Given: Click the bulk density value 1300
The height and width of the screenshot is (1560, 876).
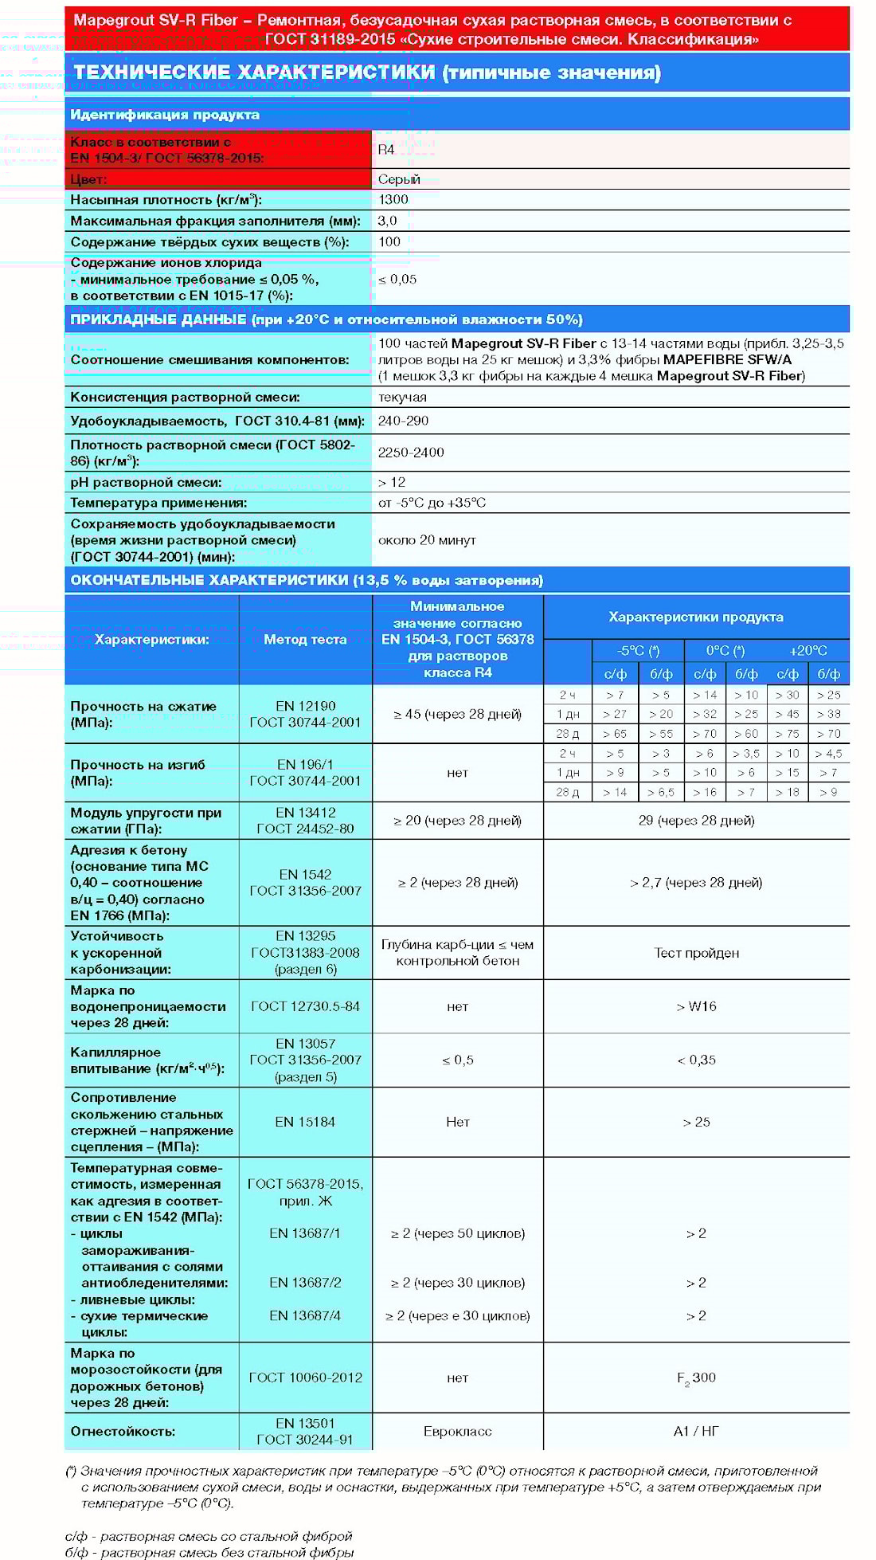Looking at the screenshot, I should (393, 200).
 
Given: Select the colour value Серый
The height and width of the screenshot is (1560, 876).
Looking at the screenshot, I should (399, 179).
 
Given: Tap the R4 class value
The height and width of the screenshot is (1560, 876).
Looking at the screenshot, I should (386, 150).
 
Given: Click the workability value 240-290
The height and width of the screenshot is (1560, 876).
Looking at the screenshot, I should (403, 421).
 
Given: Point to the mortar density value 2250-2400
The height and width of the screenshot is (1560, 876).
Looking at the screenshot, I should (411, 453).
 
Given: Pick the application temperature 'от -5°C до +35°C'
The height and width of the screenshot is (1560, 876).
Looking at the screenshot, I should (432, 503).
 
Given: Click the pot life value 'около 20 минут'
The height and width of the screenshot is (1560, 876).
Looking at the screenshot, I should (427, 540).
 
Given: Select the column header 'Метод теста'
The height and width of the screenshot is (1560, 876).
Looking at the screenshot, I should (305, 639).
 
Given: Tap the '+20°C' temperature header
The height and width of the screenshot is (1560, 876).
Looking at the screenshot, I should (808, 650).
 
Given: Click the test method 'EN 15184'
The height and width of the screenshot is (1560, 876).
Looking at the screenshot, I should (305, 1122).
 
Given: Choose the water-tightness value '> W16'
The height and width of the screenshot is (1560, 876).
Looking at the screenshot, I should (696, 1006).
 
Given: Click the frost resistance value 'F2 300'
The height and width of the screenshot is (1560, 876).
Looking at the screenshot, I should (696, 1378).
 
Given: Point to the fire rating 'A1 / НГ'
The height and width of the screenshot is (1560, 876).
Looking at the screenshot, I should (696, 1431).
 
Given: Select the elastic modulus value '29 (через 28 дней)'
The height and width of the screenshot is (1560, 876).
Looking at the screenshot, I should (696, 821).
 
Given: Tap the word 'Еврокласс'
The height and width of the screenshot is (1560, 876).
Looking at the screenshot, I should (457, 1431).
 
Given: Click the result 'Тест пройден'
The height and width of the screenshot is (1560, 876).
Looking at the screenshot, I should (696, 953).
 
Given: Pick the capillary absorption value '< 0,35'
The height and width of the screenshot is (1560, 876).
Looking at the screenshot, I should (696, 1060).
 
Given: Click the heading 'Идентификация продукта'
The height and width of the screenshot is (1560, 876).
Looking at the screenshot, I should (165, 115).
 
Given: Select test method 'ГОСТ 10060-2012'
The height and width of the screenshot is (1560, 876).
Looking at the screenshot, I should (305, 1378).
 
